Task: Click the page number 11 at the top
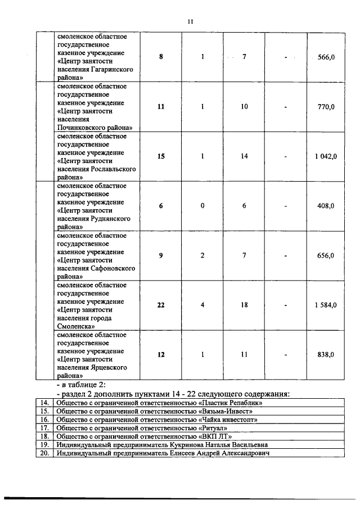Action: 190,21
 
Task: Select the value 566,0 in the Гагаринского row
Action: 326,57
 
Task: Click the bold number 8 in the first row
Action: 161,57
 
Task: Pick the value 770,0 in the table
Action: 326,107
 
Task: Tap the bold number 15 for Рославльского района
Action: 161,156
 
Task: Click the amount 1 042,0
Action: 326,156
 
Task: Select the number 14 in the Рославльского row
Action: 244,156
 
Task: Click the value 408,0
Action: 326,206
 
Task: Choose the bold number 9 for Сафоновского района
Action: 161,256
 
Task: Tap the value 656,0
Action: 326,256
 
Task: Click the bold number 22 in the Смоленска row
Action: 161,305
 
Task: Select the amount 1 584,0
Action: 326,305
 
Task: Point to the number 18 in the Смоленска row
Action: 244,305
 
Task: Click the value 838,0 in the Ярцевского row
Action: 326,355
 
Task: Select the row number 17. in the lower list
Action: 44,428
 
